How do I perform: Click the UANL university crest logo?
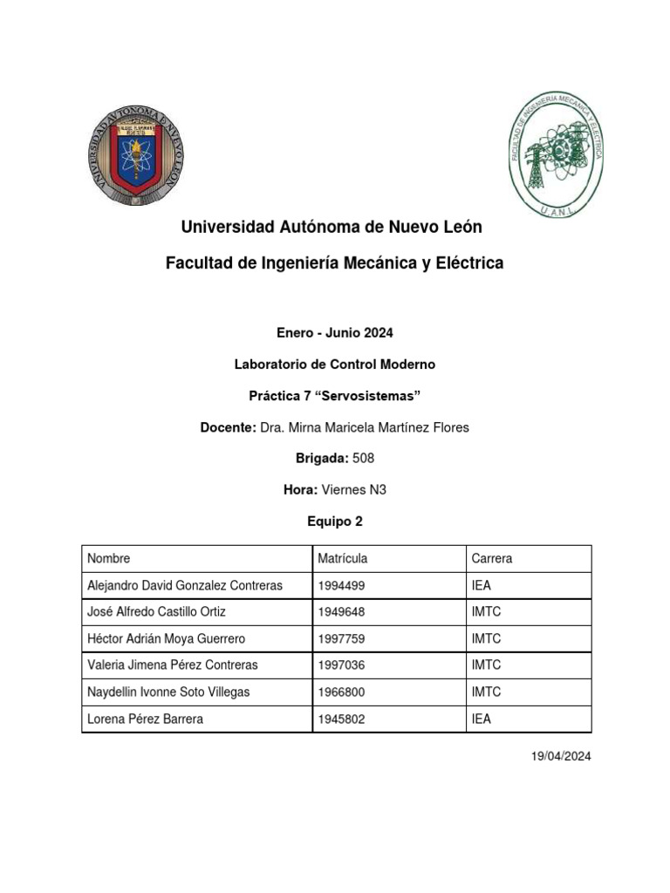136,155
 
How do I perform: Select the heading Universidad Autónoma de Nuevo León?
331,227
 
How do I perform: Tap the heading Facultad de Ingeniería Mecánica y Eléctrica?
334,262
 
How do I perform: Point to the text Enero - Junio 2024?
334,332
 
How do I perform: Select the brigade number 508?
363,459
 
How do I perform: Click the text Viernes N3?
353,490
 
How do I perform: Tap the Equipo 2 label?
334,521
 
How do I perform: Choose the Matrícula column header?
343,558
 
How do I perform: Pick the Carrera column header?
491,558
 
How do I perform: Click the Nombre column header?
109,558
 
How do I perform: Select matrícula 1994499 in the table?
342,585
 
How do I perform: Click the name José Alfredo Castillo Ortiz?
157,612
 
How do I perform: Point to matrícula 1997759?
342,639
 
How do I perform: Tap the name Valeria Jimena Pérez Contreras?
173,665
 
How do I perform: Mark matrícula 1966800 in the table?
342,692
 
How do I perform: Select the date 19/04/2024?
561,756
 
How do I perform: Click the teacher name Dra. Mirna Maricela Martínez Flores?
365,427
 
